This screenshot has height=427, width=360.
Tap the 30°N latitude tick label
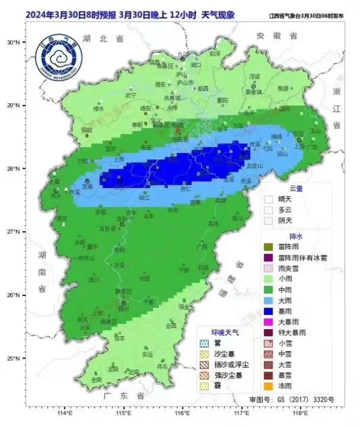(13, 42)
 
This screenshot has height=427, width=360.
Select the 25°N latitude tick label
(13, 359)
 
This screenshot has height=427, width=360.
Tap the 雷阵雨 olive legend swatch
(269, 246)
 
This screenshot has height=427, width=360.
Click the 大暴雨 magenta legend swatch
(269, 322)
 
